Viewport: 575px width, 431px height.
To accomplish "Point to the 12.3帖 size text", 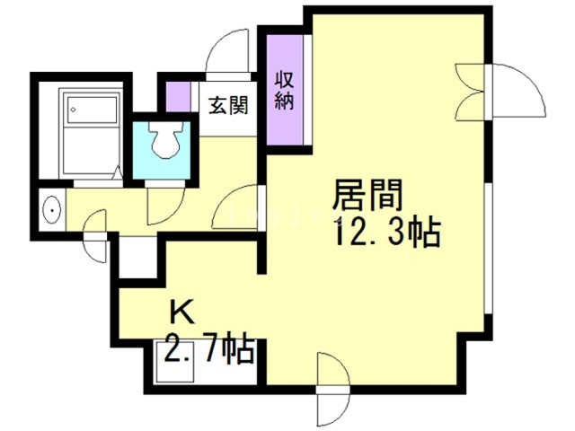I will (386, 234).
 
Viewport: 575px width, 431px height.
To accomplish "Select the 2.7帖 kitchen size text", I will (208, 346).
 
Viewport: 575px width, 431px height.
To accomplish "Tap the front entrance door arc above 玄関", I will (228, 48).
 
